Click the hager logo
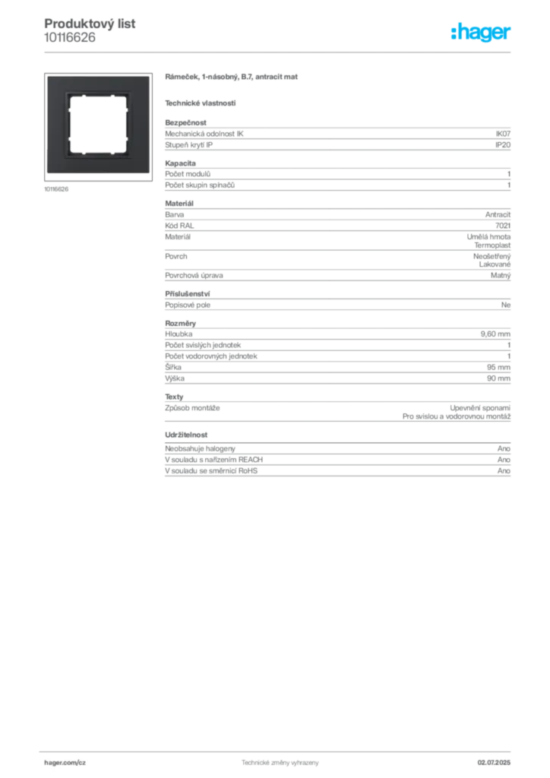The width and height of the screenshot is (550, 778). pyautogui.click(x=480, y=33)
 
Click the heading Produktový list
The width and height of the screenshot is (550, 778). pyautogui.click(x=90, y=24)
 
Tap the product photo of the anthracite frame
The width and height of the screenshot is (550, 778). pyautogui.click(x=98, y=127)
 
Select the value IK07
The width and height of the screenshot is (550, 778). pyautogui.click(x=503, y=134)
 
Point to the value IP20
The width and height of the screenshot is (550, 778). pyautogui.click(x=503, y=145)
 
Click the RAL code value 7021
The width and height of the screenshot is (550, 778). pyautogui.click(x=503, y=226)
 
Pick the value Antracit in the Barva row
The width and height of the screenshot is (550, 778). pyautogui.click(x=498, y=215)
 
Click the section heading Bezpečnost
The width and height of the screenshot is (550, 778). pyautogui.click(x=185, y=122)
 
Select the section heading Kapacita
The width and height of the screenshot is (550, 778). pyautogui.click(x=181, y=163)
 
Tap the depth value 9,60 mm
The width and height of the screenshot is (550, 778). pyautogui.click(x=495, y=334)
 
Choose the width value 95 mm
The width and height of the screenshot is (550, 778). pyautogui.click(x=498, y=367)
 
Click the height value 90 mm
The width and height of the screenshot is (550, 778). pyautogui.click(x=498, y=378)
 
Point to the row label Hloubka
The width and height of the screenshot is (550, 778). pyautogui.click(x=179, y=334)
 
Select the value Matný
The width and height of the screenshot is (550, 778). pyautogui.click(x=501, y=275)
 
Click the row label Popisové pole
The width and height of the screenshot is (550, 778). pyautogui.click(x=188, y=305)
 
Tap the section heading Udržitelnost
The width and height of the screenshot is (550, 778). pyautogui.click(x=186, y=435)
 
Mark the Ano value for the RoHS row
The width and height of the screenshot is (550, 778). pyautogui.click(x=504, y=471)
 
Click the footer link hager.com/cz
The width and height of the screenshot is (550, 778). pyautogui.click(x=65, y=763)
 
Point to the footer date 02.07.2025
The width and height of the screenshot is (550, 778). pyautogui.click(x=494, y=763)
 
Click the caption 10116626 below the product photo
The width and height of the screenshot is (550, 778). pyautogui.click(x=56, y=189)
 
